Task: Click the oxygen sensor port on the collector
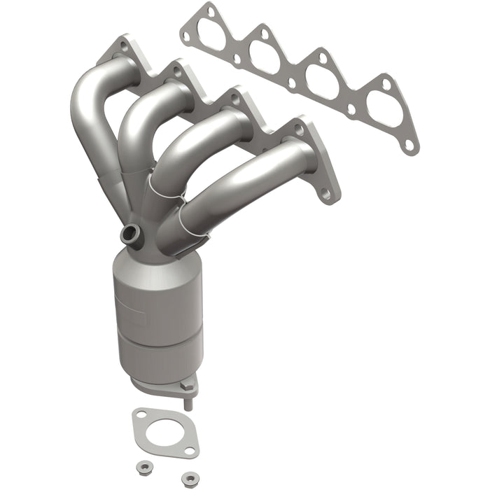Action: (x=129, y=234)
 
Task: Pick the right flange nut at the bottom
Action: (x=187, y=478)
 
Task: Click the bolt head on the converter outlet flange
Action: (x=186, y=384)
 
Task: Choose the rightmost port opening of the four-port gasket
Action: (x=384, y=111)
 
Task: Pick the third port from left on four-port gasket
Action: (x=322, y=81)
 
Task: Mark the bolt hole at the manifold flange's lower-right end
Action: (x=325, y=194)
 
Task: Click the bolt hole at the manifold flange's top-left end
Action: (x=123, y=45)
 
